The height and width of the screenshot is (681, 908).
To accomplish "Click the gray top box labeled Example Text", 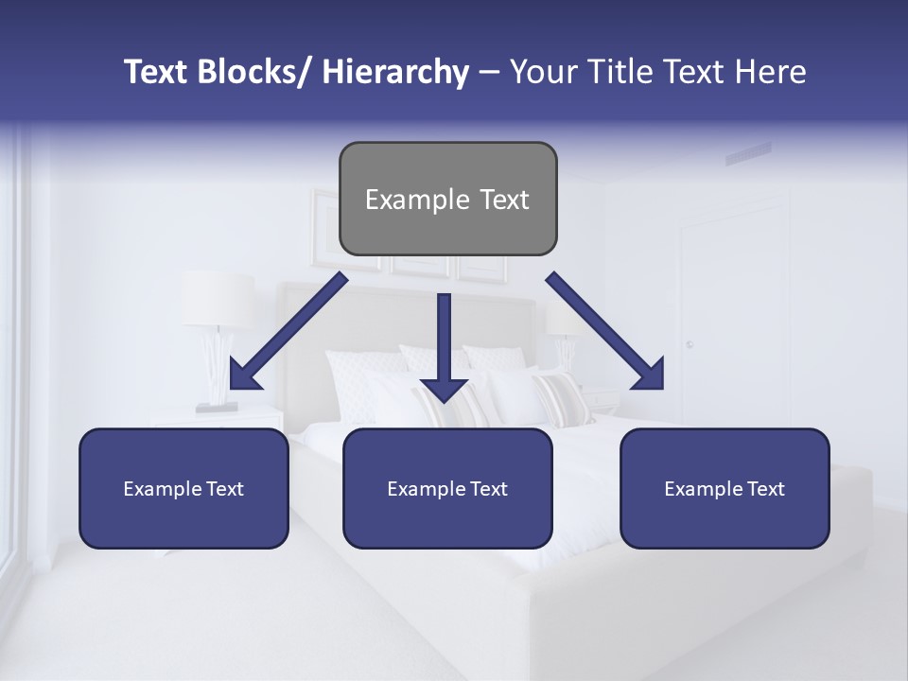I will [x=447, y=199].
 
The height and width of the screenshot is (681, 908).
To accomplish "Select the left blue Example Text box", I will [x=183, y=488].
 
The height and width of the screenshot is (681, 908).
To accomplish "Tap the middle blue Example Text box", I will [x=447, y=488].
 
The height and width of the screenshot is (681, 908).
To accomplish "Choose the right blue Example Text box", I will [x=725, y=488].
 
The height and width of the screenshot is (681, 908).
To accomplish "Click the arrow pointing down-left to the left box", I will [x=288, y=332].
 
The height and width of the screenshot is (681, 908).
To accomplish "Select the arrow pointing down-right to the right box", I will [x=605, y=332].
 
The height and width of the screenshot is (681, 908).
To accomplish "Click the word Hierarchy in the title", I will [x=395, y=72].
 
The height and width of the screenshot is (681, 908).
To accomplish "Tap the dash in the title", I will [x=489, y=72].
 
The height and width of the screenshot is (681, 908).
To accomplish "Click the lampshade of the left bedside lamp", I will [x=218, y=300].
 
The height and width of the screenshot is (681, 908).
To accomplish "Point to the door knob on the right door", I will [x=690, y=344].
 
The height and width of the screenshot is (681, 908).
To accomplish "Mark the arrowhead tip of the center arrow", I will [x=444, y=401].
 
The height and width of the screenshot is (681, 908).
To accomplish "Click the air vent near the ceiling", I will [x=747, y=153].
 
